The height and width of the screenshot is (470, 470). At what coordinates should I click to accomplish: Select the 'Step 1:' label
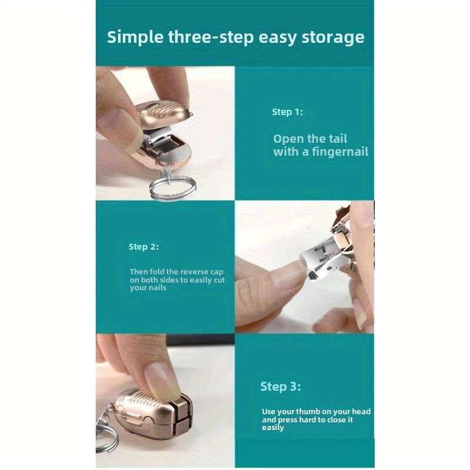click(x=287, y=112)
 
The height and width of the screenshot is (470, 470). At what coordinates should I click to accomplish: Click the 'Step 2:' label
click(x=143, y=247)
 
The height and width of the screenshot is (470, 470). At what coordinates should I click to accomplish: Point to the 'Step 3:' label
click(x=280, y=387)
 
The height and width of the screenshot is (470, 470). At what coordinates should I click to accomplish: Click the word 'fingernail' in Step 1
click(x=337, y=152)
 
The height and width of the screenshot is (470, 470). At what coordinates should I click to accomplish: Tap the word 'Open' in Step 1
click(x=288, y=139)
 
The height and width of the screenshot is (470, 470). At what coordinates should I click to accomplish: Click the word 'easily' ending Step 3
click(x=273, y=428)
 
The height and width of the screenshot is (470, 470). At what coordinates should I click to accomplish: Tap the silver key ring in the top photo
click(x=171, y=186)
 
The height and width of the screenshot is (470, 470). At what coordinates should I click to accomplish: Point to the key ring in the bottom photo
click(x=106, y=435)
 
